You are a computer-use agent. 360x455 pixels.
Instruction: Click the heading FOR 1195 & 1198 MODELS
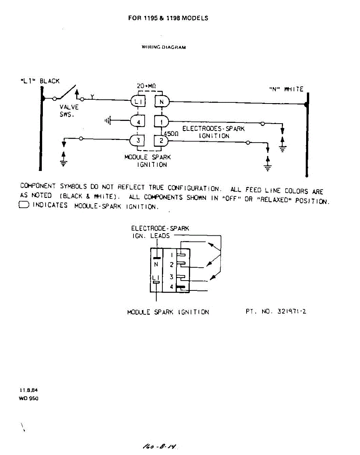(x=168, y=18)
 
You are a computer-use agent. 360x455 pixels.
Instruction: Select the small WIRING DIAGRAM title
(x=164, y=47)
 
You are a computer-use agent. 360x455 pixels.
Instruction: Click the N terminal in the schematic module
(x=161, y=101)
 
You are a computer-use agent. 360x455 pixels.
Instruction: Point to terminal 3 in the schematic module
(x=138, y=140)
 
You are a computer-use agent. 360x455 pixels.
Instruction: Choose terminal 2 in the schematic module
(x=161, y=140)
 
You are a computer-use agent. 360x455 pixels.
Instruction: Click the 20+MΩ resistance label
(x=146, y=86)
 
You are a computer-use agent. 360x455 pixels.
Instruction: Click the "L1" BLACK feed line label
(x=40, y=81)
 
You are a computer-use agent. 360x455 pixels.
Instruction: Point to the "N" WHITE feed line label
(x=286, y=89)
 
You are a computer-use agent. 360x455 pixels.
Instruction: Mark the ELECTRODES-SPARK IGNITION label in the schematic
(x=213, y=132)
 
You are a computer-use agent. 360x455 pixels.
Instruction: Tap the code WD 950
(x=28, y=399)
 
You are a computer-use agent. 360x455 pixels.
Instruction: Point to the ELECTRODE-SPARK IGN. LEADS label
(x=159, y=232)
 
